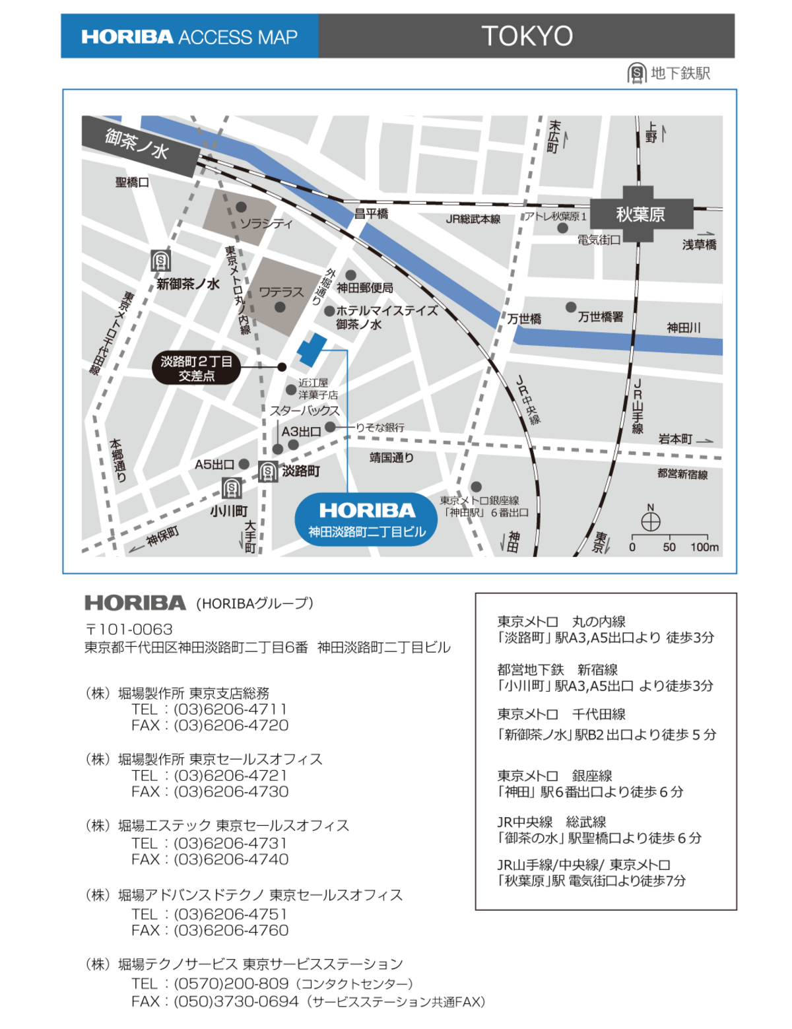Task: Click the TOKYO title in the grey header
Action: click(527, 36)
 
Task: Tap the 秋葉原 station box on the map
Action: click(640, 214)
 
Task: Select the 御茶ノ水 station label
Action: click(137, 144)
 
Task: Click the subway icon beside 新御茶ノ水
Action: click(160, 261)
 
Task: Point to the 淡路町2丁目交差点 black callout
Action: click(196, 368)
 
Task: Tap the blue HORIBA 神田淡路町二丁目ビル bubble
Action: click(367, 519)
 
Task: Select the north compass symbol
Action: click(651, 521)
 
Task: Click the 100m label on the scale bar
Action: click(704, 547)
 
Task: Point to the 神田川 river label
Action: click(683, 327)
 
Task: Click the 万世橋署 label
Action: click(600, 317)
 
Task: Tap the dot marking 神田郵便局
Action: click(351, 275)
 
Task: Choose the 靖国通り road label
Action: click(391, 457)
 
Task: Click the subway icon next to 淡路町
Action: click(268, 471)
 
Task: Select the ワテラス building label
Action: click(281, 291)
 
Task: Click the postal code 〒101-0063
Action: click(129, 629)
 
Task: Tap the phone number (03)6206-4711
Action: click(230, 709)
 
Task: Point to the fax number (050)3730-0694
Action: click(236, 1001)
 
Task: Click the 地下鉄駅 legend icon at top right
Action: click(637, 73)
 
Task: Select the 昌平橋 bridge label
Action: click(371, 213)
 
